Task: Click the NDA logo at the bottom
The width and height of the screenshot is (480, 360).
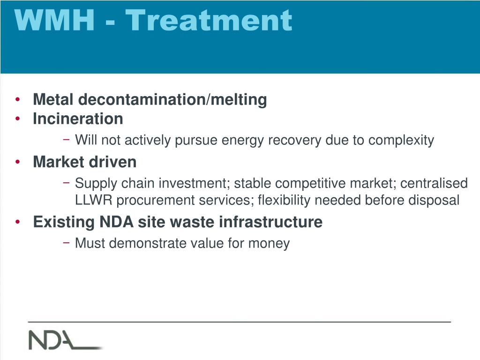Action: point(65,340)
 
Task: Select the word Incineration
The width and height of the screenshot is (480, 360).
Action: point(78,119)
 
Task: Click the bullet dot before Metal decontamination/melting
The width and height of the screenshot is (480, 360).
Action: point(18,99)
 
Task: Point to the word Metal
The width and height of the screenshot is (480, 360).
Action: point(53,99)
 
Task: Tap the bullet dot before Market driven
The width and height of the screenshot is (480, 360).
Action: point(18,162)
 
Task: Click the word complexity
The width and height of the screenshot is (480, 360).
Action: point(401,141)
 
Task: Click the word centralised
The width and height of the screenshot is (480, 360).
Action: point(434,183)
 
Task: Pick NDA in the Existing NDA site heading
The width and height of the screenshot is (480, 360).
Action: point(116,222)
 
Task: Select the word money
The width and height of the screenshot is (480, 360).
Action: point(269,243)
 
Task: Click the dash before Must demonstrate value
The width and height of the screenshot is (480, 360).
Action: point(66,242)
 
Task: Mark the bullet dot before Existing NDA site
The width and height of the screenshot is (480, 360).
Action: point(18,222)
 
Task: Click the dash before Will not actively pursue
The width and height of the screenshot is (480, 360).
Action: point(66,139)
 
